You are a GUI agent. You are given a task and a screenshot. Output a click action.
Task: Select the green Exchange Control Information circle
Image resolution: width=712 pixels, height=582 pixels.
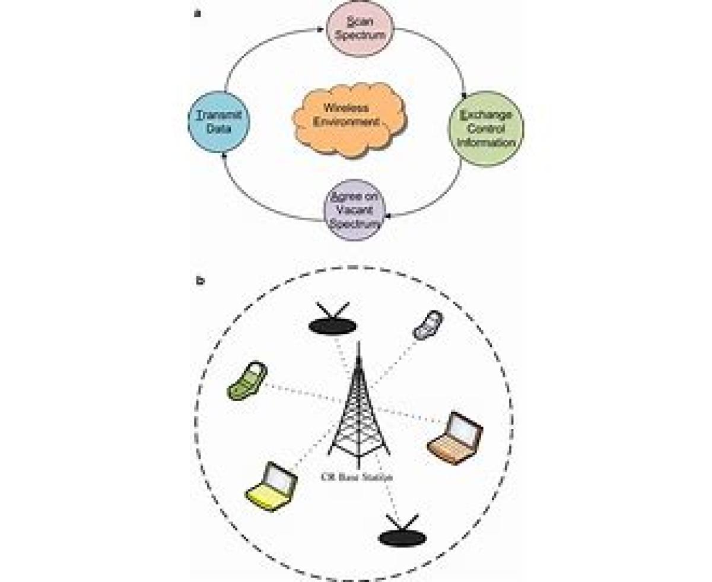[x=486, y=128]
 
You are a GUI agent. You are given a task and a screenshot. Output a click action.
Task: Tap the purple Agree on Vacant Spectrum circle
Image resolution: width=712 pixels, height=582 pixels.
[x=354, y=210]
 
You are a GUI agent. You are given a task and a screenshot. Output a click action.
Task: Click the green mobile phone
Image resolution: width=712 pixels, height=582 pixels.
[x=247, y=382]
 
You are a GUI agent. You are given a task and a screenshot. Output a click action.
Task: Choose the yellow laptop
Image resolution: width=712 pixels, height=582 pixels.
[x=271, y=486]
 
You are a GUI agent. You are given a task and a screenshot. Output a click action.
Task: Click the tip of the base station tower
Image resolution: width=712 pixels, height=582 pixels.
[x=358, y=344]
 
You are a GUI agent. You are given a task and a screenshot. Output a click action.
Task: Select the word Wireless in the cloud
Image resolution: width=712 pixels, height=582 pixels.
[x=346, y=109]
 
